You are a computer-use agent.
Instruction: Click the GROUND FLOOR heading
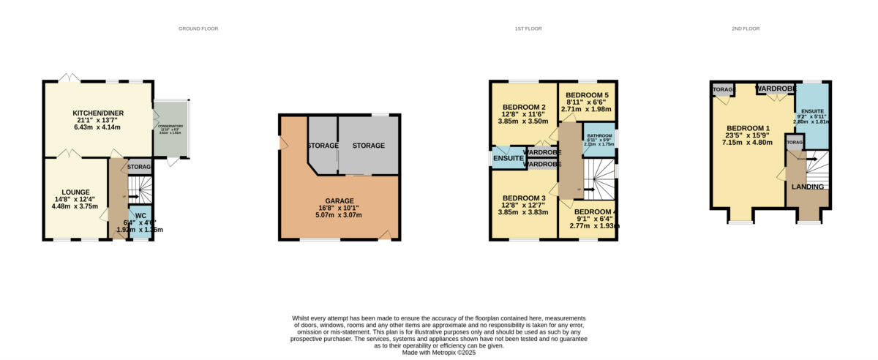(x=198, y=29)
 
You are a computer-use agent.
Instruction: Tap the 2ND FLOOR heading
(x=746, y=29)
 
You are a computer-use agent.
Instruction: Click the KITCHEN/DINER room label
(x=97, y=113)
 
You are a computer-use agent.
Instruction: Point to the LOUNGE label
(x=75, y=192)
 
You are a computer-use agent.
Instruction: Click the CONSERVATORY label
(x=170, y=127)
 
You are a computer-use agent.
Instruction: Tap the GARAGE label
(x=339, y=200)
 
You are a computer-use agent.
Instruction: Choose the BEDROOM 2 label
(x=524, y=108)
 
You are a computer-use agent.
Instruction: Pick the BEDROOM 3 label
(x=524, y=199)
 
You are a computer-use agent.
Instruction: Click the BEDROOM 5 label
(x=587, y=95)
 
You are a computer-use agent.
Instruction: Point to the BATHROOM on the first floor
(x=599, y=136)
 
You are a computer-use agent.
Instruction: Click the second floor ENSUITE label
(x=811, y=111)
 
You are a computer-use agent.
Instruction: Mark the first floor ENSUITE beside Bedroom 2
(x=508, y=158)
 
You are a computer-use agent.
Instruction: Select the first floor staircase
(x=599, y=180)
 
